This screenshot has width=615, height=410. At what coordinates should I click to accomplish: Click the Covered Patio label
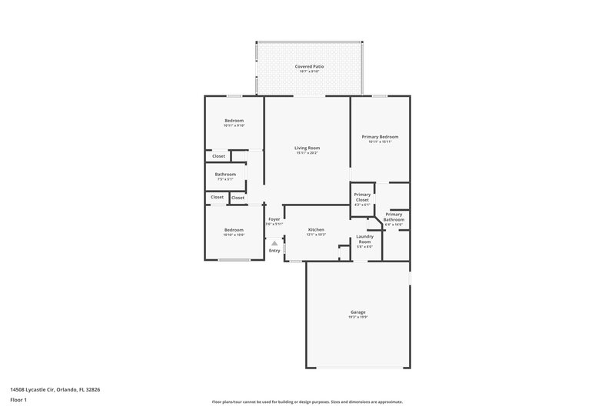click(x=309, y=67)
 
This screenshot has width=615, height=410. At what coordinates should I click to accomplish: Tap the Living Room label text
click(x=307, y=148)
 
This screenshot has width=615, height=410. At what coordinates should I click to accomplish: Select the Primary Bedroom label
click(x=380, y=137)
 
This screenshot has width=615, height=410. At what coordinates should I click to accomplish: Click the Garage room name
click(x=358, y=312)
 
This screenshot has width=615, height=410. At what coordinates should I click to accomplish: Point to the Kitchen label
click(x=316, y=230)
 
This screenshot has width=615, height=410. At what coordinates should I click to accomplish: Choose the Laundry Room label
click(x=364, y=239)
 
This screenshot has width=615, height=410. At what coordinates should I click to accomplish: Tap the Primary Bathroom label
click(x=394, y=217)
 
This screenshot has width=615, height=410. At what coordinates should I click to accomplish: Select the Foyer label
click(x=274, y=220)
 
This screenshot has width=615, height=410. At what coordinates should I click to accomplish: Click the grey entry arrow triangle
click(x=274, y=242)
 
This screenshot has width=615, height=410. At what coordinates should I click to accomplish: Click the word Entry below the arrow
click(x=274, y=251)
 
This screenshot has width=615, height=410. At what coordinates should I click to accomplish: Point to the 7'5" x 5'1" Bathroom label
click(x=225, y=175)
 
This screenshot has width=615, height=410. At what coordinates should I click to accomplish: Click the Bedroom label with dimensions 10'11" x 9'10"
click(x=234, y=120)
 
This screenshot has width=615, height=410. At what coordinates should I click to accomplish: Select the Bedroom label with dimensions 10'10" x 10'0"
click(x=234, y=230)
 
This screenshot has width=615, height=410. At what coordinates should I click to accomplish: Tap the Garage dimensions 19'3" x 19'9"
click(x=358, y=317)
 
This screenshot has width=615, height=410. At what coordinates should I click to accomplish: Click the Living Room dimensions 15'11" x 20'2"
click(x=307, y=153)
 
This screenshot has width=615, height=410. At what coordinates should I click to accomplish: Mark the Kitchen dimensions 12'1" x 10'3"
click(x=316, y=235)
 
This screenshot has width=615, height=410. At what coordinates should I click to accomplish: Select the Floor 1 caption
click(x=19, y=400)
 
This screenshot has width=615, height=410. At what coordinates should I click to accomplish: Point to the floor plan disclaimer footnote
click(x=307, y=402)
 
